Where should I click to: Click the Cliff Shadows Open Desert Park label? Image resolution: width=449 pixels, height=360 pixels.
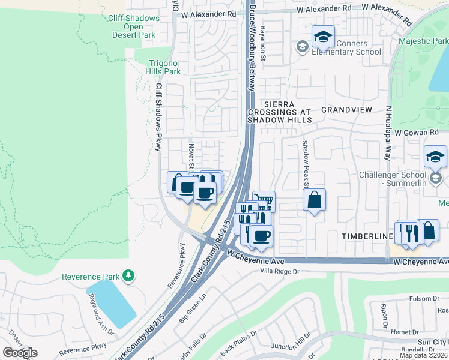[134, 26]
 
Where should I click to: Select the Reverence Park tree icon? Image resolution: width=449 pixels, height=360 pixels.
[127, 275]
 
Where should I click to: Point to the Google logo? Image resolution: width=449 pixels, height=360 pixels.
[20, 353]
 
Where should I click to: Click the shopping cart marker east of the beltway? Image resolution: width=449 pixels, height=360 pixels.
[264, 202]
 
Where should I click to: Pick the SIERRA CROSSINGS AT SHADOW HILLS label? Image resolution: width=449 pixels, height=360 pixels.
[280, 112]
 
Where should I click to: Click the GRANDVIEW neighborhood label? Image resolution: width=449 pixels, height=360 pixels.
[346, 110]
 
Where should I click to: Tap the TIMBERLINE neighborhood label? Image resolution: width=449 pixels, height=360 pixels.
[367, 237]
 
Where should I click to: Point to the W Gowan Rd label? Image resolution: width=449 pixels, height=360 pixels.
[418, 131]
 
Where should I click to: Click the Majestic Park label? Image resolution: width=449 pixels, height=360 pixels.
[423, 41]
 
